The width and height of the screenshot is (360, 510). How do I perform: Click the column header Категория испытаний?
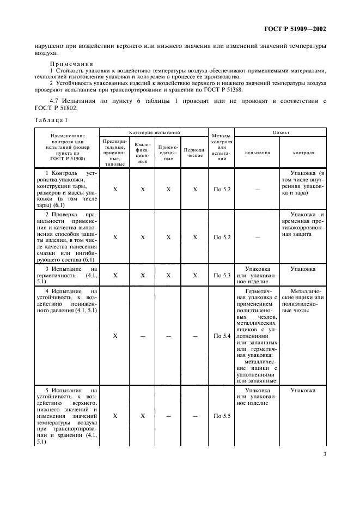pyautogui.click(x=154, y=132)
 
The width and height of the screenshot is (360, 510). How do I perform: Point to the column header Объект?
pyautogui.click(x=282, y=132)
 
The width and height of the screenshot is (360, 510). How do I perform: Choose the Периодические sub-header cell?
pyautogui.click(x=194, y=153)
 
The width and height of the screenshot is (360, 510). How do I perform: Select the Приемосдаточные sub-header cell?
pyautogui.click(x=168, y=153)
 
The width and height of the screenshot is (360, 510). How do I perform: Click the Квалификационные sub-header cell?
pyautogui.click(x=142, y=153)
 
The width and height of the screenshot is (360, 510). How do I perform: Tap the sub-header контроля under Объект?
pyautogui.click(x=303, y=153)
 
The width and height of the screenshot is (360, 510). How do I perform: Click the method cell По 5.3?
pyautogui.click(x=222, y=276)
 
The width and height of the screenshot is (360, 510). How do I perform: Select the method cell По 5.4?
pyautogui.click(x=222, y=336)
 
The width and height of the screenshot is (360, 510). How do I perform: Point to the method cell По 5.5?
pyautogui.click(x=222, y=416)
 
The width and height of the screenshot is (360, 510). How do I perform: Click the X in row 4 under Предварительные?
pyautogui.click(x=115, y=336)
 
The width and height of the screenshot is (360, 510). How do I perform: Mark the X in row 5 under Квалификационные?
pyautogui.click(x=142, y=416)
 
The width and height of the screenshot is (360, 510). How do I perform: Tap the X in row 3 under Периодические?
pyautogui.click(x=194, y=276)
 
